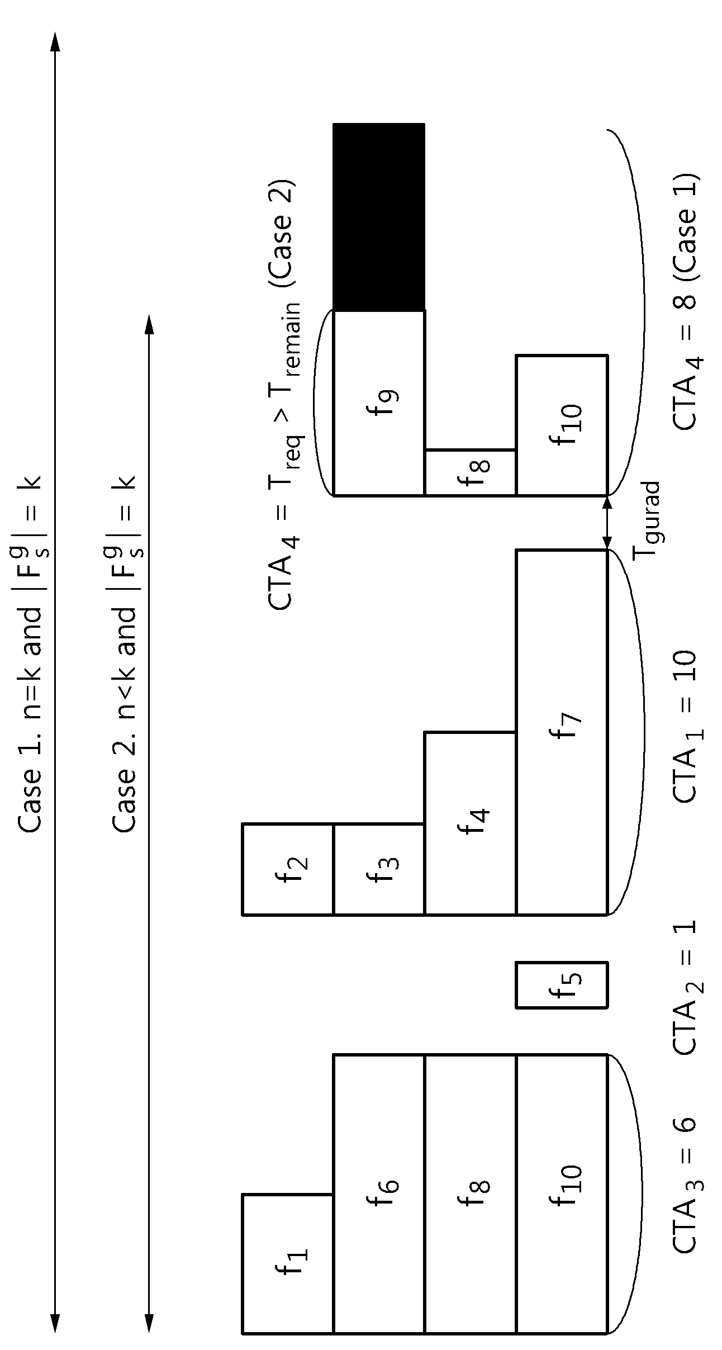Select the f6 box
[x=379, y=1187]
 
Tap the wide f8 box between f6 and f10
[x=470, y=1187]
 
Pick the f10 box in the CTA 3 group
[x=561, y=1187]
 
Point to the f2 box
[x=288, y=869]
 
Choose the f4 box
[x=470, y=823]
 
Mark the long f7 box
[x=561, y=732]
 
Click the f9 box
[x=379, y=402]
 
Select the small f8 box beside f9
[x=470, y=472]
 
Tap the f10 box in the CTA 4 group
[x=561, y=425]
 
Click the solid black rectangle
[x=379, y=217]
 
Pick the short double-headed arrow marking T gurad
[x=607, y=523]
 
